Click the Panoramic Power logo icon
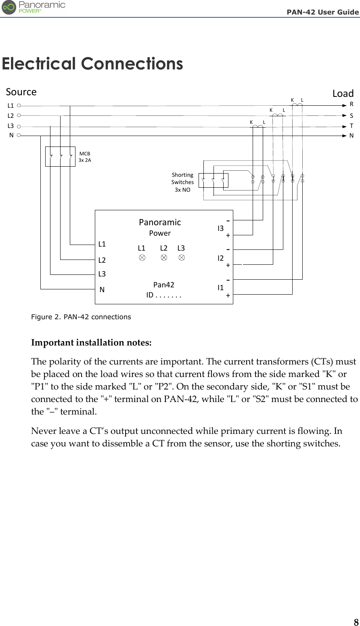tap(9, 7)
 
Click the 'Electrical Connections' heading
tap(92, 64)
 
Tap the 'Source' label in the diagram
tap(21, 92)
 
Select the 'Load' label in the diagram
tap(343, 94)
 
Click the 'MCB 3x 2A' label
tap(85, 157)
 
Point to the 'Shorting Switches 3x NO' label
tap(182, 182)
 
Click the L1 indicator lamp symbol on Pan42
tap(142, 258)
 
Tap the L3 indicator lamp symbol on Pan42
tap(182, 258)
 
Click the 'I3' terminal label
tap(220, 228)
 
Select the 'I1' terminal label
tap(220, 288)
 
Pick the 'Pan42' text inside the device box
tap(164, 285)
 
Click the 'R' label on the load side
tap(352, 104)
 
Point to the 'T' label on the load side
tap(352, 126)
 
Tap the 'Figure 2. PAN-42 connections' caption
tap(81, 317)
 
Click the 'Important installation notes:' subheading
tap(92, 343)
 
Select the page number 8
tap(356, 622)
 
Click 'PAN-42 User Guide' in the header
tap(322, 12)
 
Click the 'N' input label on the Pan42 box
tap(102, 289)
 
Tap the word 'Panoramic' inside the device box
tap(160, 222)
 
